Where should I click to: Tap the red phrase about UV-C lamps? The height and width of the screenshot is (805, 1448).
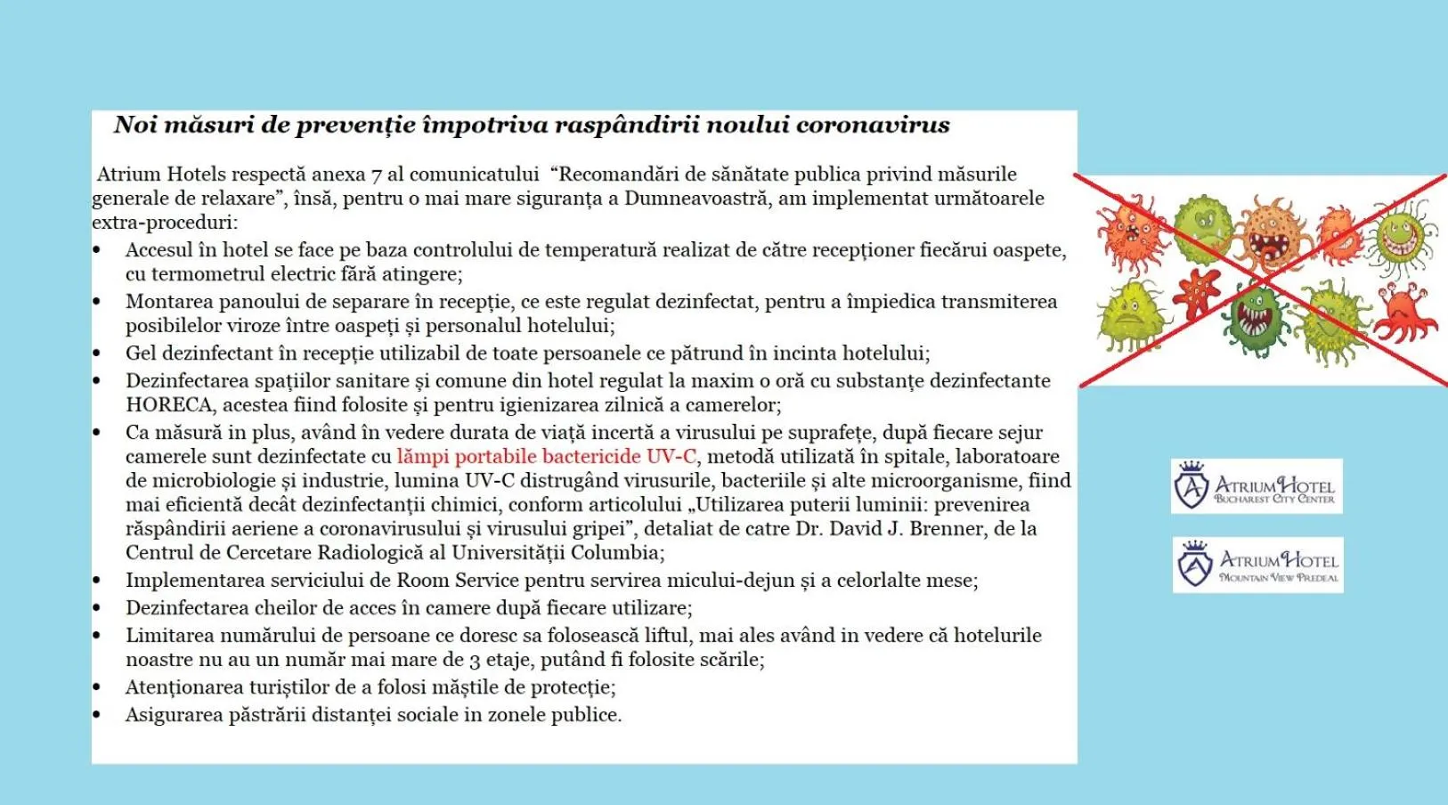pyautogui.click(x=546, y=457)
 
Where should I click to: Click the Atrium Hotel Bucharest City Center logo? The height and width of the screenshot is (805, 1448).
pyautogui.click(x=1257, y=486)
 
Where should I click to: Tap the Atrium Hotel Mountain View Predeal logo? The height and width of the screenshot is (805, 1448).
pyautogui.click(x=1257, y=565)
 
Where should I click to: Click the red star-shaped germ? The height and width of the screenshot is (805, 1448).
pyautogui.click(x=1197, y=293)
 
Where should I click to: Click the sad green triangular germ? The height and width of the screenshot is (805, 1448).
pyautogui.click(x=1129, y=315)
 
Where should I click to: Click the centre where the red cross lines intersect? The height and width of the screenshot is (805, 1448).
pyautogui.click(x=1263, y=280)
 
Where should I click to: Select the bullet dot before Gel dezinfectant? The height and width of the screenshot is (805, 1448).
pyautogui.click(x=97, y=354)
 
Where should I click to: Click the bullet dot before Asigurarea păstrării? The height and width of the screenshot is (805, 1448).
pyautogui.click(x=97, y=715)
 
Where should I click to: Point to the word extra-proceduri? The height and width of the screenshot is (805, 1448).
pyautogui.click(x=164, y=223)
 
